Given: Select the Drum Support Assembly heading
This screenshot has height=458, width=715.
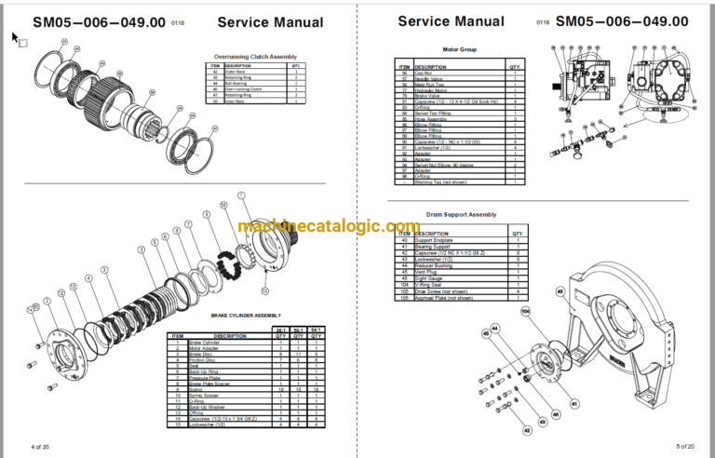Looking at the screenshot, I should (462, 215).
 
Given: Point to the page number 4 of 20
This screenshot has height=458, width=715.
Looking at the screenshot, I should (42, 448).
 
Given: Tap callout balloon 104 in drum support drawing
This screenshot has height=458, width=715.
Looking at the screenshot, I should (525, 311).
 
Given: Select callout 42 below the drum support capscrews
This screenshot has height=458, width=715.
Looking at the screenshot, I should (528, 430).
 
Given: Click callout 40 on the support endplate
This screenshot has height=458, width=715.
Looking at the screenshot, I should (560, 292).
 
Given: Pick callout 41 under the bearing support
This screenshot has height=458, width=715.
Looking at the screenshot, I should (574, 403).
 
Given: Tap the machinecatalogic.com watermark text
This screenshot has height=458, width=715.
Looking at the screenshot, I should (329, 226).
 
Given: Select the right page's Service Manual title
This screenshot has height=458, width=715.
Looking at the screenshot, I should (451, 21).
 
